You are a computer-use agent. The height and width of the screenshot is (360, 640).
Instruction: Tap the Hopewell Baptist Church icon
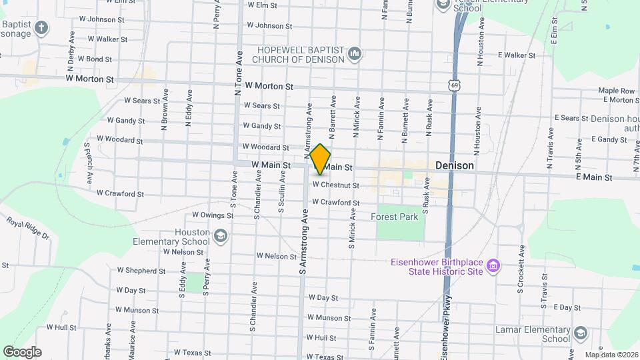pos(355,54)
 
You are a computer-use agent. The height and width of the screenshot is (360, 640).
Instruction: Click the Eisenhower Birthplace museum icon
pos(493,267)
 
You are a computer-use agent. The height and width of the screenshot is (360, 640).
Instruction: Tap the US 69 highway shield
pos(454,85)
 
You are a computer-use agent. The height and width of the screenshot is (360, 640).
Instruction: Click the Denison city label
pos(455,165)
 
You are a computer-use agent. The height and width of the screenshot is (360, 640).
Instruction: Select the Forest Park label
pos(394,217)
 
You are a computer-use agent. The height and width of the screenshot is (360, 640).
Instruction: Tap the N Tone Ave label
pos(238,73)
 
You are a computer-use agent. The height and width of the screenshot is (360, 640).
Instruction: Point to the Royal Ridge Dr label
pos(28,227)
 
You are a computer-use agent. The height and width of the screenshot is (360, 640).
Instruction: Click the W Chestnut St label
pos(336,185)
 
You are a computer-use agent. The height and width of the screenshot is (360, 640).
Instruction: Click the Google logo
pos(22,352)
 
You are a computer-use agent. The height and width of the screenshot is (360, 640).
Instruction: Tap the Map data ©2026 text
pos(611,355)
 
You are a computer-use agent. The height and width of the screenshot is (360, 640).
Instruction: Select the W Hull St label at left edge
pos(62,328)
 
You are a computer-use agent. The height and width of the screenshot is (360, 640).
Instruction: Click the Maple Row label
pos(617,90)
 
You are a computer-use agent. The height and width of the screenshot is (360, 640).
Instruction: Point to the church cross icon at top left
pos(42,28)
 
